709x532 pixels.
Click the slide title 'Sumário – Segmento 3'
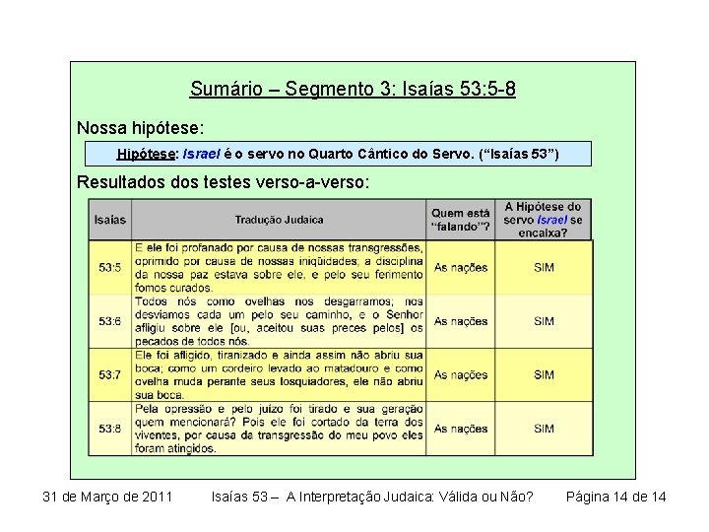pyautogui.click(x=353, y=90)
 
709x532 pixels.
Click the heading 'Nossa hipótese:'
pyautogui.click(x=142, y=128)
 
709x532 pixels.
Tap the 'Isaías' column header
pyautogui.click(x=110, y=220)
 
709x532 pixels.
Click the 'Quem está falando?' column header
pyautogui.click(x=460, y=220)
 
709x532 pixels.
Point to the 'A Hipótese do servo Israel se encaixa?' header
pyautogui.click(x=543, y=220)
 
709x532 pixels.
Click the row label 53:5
pyautogui.click(x=110, y=267)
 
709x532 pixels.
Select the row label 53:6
pyautogui.click(x=110, y=321)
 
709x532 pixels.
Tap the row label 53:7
pyautogui.click(x=110, y=374)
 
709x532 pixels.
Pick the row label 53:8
pyautogui.click(x=110, y=429)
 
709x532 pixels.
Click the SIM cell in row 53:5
pyautogui.click(x=544, y=267)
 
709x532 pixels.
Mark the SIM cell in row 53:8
pyautogui.click(x=544, y=429)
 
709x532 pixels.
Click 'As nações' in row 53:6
pyautogui.click(x=460, y=321)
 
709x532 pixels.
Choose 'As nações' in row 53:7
pyautogui.click(x=460, y=374)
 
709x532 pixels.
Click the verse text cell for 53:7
pyautogui.click(x=279, y=374)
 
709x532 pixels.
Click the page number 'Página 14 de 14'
pyautogui.click(x=615, y=497)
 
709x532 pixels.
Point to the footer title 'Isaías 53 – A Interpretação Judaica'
pyautogui.click(x=372, y=497)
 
